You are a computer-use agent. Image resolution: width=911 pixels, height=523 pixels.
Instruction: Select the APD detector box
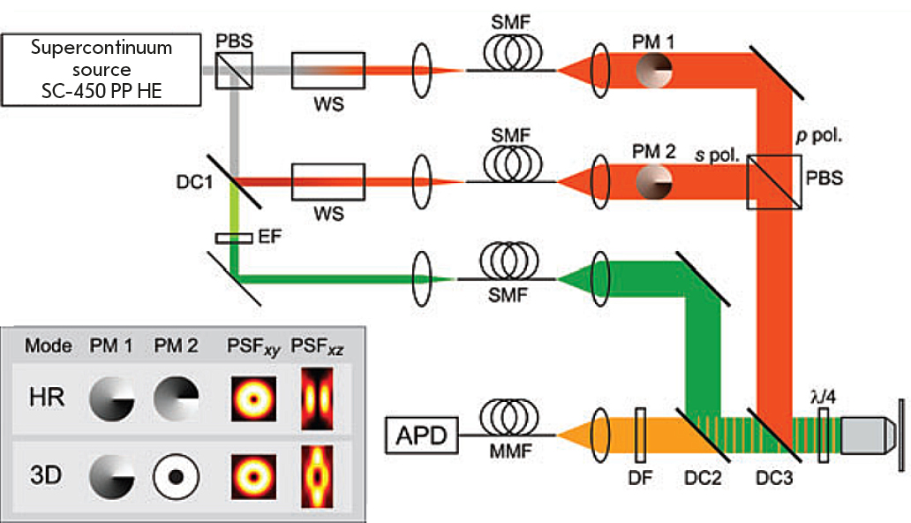(422, 435)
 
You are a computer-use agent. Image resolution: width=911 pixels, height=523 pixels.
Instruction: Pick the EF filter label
(269, 239)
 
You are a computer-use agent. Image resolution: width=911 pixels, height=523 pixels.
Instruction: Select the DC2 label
(703, 481)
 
